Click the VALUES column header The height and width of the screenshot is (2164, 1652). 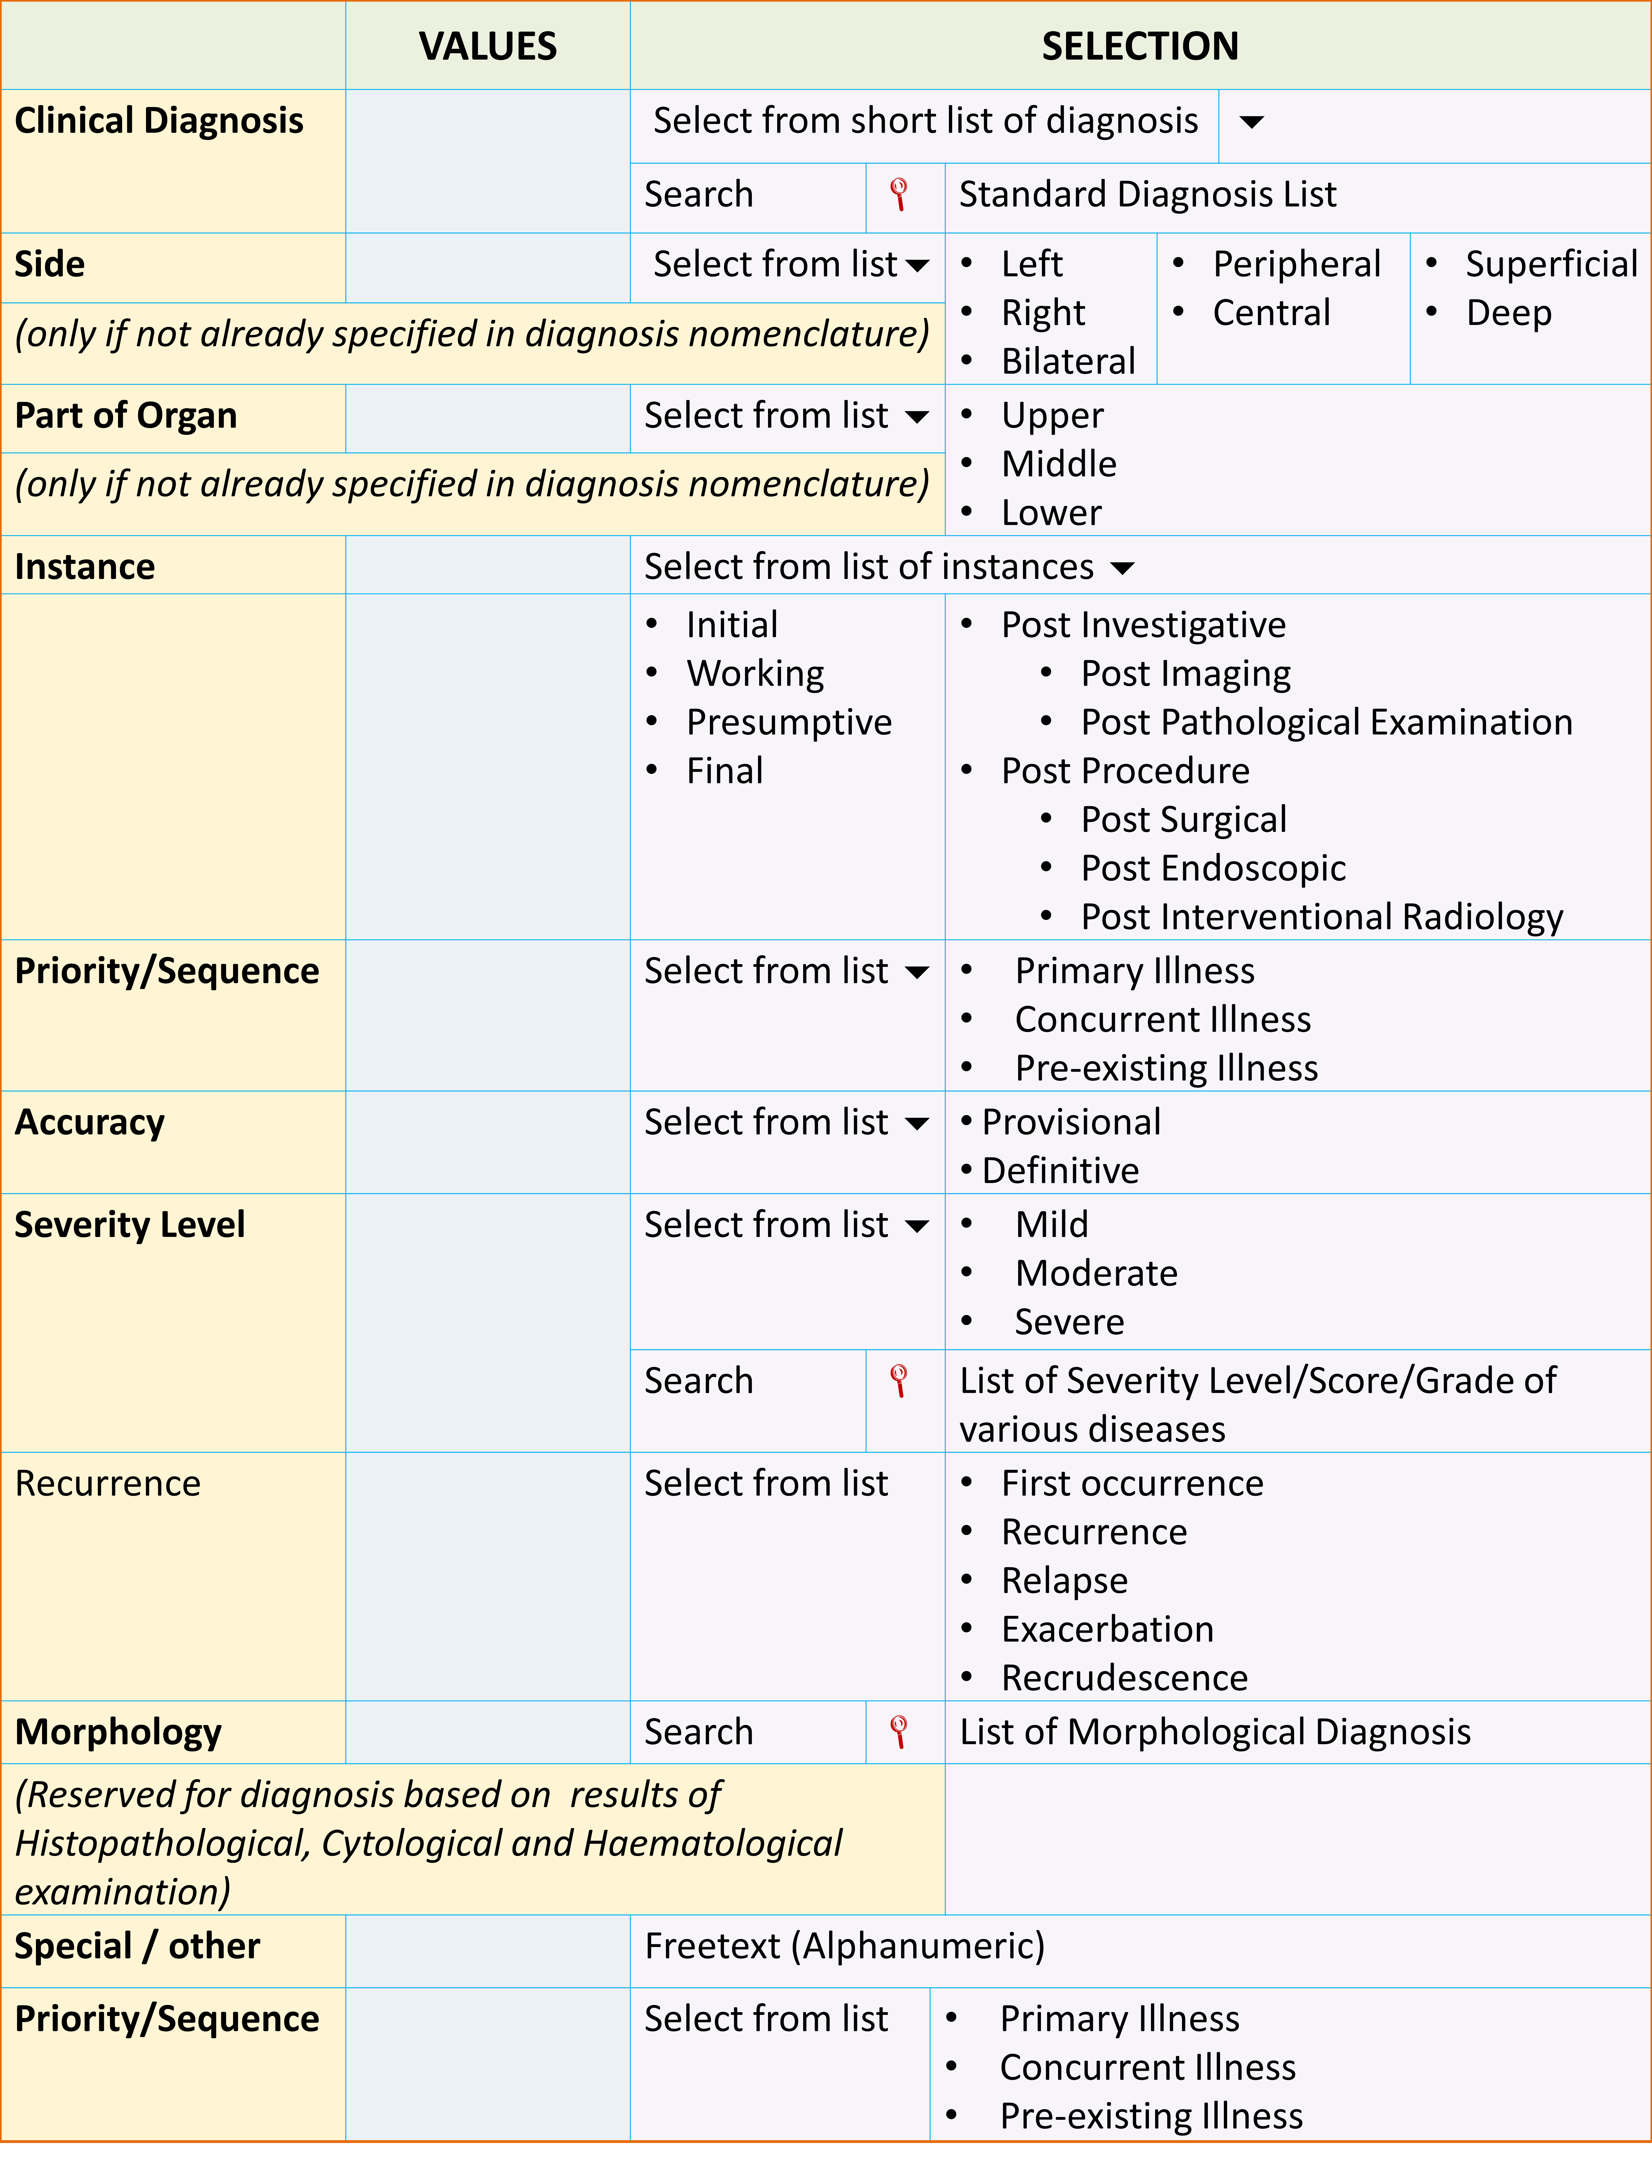pos(488,46)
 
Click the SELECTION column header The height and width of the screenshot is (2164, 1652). pos(1140,46)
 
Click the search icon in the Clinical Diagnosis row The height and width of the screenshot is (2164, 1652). pos(898,195)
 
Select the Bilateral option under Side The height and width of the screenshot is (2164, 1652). pos(1068,361)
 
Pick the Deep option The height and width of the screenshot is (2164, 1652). pos(1508,313)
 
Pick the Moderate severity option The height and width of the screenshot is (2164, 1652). pos(1096,1273)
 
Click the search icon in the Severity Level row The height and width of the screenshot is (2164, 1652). pos(898,1380)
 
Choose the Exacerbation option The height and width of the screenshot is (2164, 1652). pos(1107,1629)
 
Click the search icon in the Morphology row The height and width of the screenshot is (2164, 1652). pos(898,1731)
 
